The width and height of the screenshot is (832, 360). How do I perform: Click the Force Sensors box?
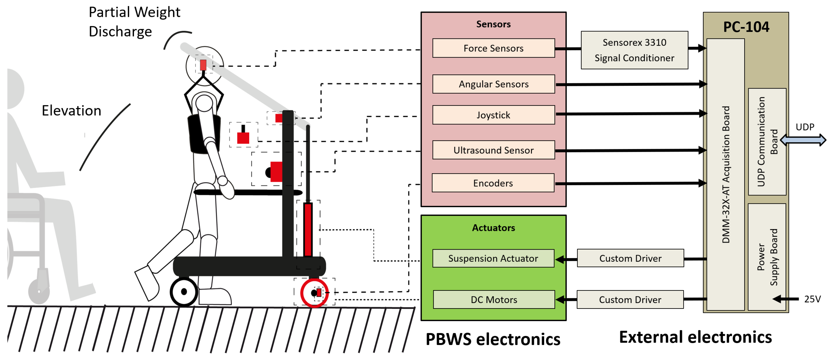(493, 48)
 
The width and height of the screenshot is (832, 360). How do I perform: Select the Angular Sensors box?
(493, 84)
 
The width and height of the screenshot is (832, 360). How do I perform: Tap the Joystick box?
(493, 115)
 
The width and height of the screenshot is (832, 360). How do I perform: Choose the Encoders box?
(493, 183)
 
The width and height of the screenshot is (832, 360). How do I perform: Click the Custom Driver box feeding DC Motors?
(630, 299)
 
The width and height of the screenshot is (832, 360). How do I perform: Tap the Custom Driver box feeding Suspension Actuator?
(630, 258)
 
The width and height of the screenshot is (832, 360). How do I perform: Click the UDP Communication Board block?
(767, 142)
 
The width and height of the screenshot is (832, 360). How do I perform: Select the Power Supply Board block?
(767, 257)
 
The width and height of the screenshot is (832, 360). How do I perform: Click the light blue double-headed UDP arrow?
(803, 140)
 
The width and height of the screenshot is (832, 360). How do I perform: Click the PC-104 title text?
(746, 27)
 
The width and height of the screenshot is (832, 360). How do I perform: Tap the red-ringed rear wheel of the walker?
(314, 293)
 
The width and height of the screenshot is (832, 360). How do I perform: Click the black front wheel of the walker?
(184, 292)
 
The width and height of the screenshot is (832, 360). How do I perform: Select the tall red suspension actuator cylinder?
(308, 229)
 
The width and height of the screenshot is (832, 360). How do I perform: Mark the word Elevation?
(71, 111)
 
